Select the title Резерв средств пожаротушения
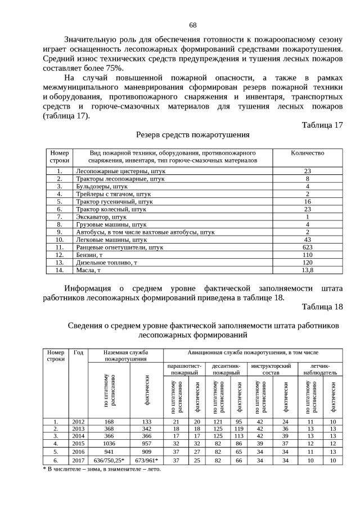[x=193, y=135]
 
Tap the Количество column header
[x=307, y=153]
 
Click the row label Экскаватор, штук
[x=101, y=217]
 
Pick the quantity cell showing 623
[x=307, y=247]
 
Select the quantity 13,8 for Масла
[x=307, y=270]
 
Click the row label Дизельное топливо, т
[x=107, y=262]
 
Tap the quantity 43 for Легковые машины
[x=307, y=240]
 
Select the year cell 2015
[x=78, y=443]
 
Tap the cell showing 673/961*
[x=146, y=460]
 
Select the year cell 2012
[x=78, y=421]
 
